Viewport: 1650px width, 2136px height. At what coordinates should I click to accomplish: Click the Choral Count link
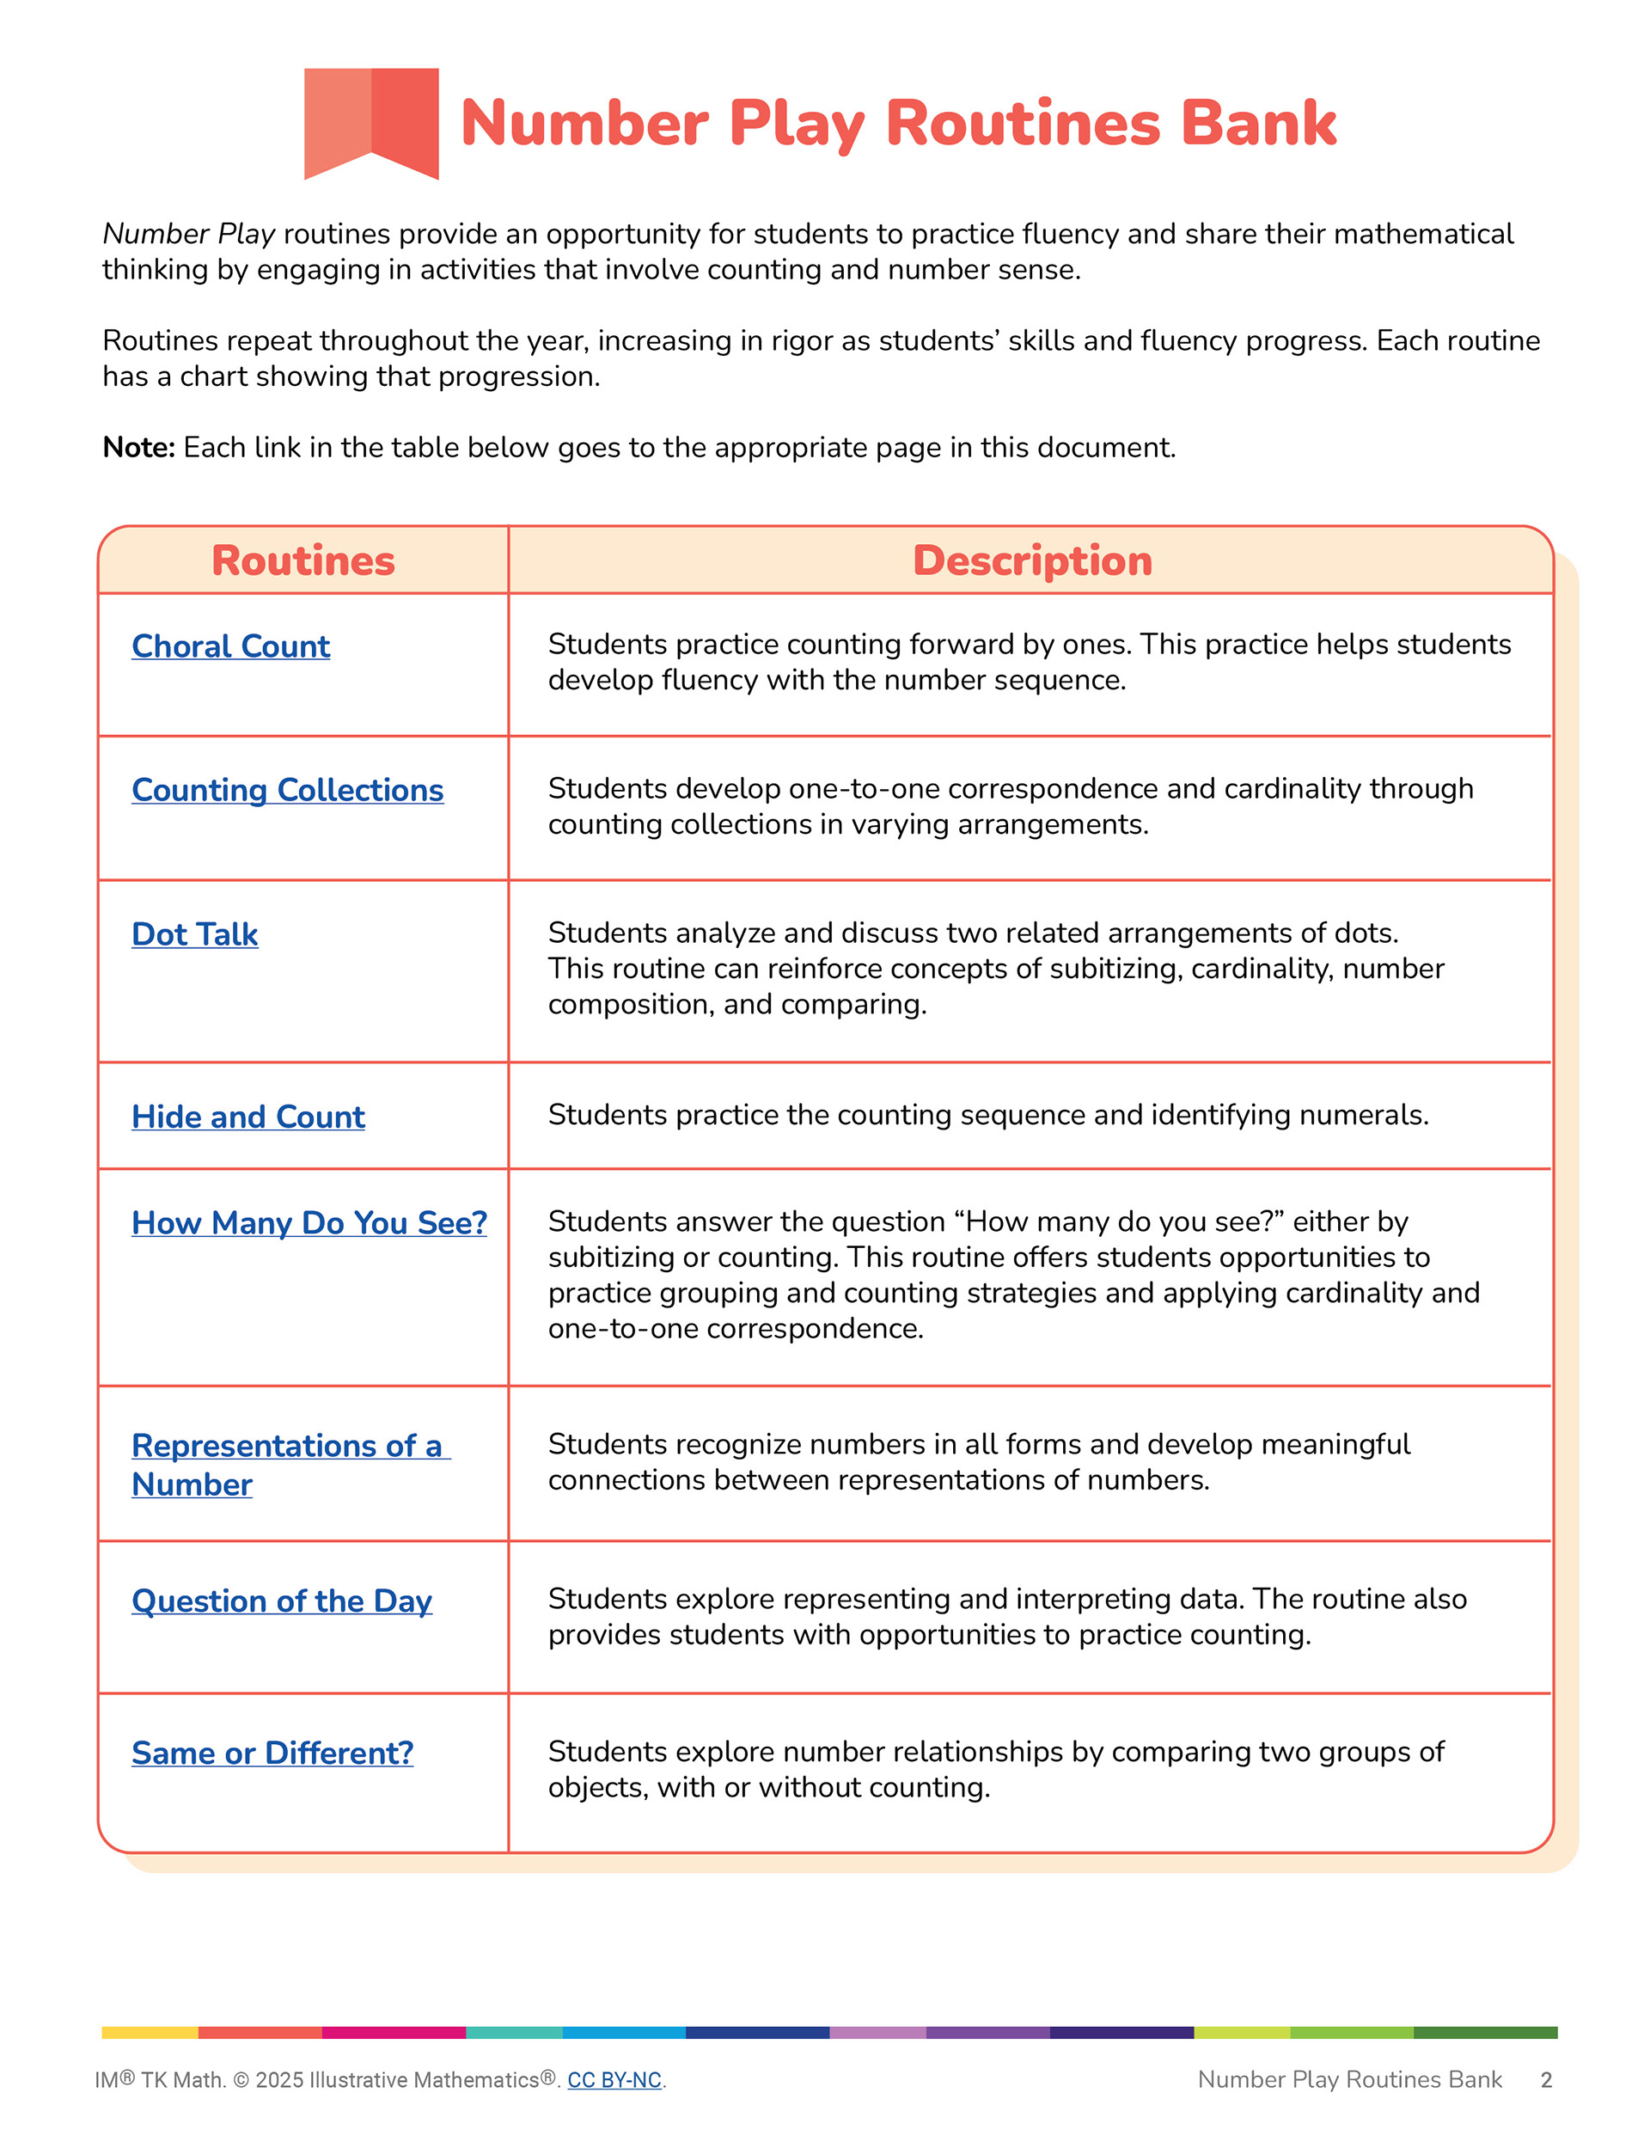pos(231,646)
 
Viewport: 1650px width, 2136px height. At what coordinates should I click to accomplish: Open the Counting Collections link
pos(288,790)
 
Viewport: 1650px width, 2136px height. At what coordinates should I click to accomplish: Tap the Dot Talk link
pos(194,934)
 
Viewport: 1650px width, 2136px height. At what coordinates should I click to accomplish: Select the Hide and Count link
pos(248,1117)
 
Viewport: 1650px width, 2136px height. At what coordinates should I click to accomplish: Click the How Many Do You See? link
pos(309,1222)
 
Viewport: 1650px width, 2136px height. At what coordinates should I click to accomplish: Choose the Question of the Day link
pos(282,1601)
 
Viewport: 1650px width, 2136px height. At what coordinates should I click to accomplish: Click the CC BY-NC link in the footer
pos(614,2080)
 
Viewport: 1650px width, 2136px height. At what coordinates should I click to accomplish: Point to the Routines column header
pos(303,560)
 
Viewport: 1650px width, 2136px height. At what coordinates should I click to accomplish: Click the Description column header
pos(1032,560)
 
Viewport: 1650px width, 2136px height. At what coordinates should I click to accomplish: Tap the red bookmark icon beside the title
pos(371,122)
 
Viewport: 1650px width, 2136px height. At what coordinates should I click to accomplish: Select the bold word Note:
pos(137,448)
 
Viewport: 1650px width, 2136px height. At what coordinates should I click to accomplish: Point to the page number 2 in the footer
pos(1546,2080)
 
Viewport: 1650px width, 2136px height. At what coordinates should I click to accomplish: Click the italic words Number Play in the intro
pos(189,235)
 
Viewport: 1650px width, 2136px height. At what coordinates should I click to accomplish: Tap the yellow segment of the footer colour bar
pos(150,2032)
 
